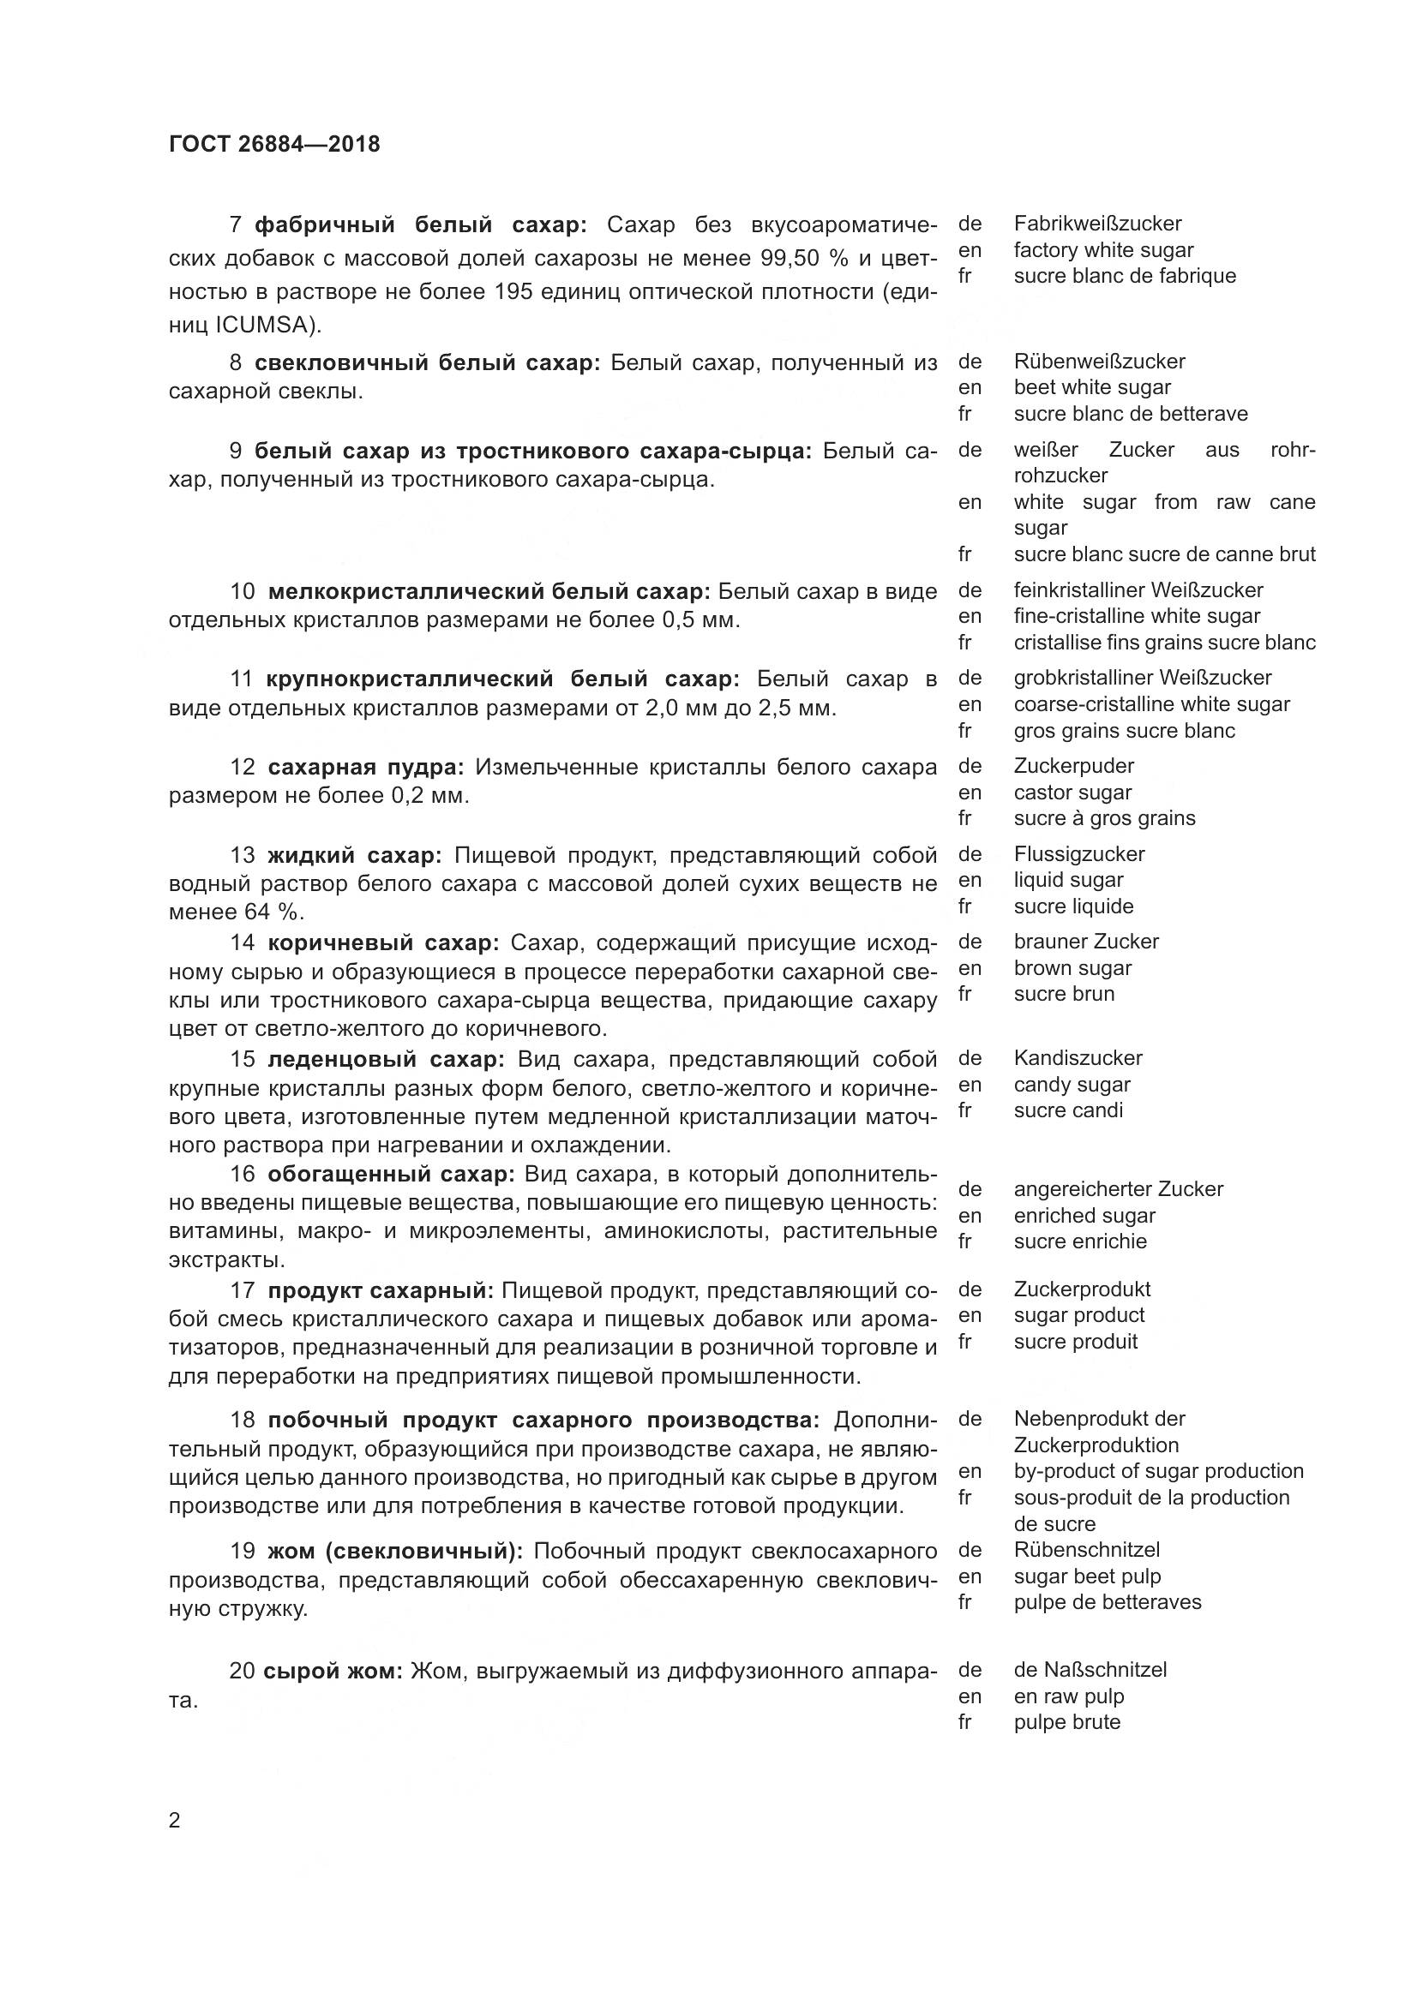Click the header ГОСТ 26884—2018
click(274, 144)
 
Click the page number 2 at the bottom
click(174, 1821)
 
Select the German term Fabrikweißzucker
click(1097, 224)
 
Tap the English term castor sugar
click(1072, 793)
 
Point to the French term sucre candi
click(1068, 1110)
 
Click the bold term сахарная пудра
click(365, 767)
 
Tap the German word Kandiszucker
click(1078, 1058)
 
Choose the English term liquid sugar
click(1068, 880)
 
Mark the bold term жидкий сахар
click(355, 854)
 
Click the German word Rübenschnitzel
click(1086, 1549)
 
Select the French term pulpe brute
click(1067, 1722)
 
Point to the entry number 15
click(242, 1060)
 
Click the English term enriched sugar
click(1084, 1216)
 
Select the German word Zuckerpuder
click(1073, 766)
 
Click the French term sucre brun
click(1064, 993)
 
